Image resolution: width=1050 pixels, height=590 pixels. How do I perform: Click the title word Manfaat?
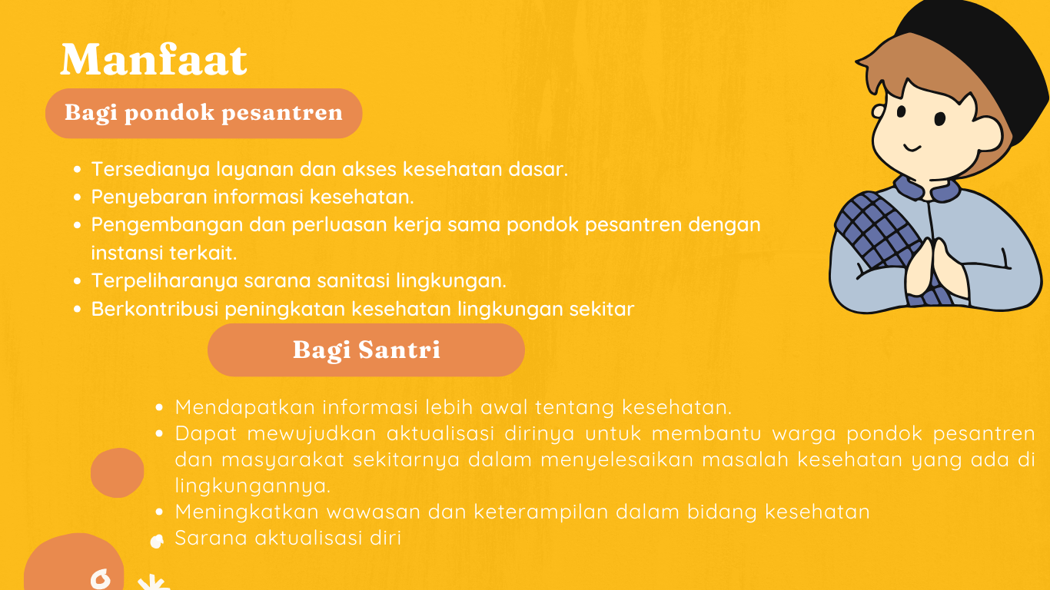(154, 59)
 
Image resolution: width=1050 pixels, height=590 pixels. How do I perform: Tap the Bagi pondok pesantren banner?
(204, 114)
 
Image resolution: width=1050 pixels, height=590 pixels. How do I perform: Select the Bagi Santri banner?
(366, 350)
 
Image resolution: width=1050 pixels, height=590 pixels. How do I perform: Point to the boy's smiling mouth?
(912, 148)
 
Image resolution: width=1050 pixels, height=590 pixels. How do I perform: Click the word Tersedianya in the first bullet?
(150, 170)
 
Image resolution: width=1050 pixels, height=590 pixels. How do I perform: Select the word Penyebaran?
(149, 197)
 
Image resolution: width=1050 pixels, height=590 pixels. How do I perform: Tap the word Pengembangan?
(166, 225)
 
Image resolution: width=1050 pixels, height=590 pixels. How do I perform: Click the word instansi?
(127, 253)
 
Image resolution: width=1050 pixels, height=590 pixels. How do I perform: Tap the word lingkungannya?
(253, 486)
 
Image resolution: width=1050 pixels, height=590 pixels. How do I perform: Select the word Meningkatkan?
(247, 512)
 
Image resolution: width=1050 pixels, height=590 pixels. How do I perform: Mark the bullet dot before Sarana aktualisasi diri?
(157, 542)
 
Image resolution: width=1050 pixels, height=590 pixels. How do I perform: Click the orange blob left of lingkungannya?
(117, 472)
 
